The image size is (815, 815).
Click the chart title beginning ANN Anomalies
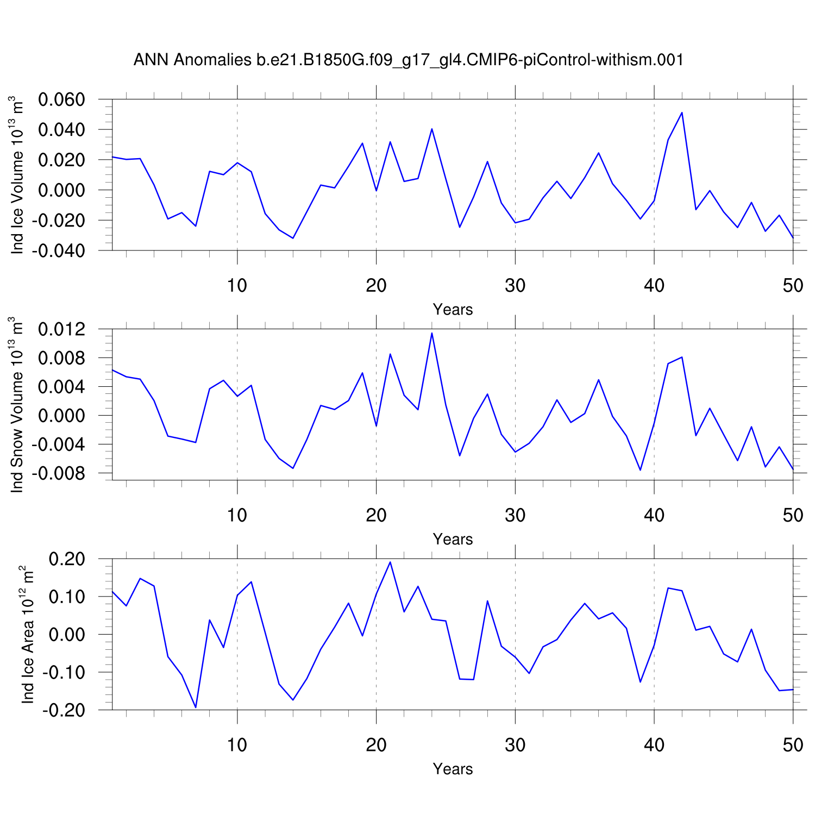coord(408,60)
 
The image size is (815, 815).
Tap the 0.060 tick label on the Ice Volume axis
coord(61,100)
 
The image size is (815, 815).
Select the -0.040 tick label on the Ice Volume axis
coord(58,251)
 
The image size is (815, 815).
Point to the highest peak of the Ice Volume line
coord(682,112)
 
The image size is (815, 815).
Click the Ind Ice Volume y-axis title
coord(18,175)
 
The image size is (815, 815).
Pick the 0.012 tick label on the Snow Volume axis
coord(61,329)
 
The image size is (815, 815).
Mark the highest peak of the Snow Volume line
coord(432,333)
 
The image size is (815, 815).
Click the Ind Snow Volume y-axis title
coord(18,405)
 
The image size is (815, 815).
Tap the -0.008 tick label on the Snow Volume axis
coord(58,474)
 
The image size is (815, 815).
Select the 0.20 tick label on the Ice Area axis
coord(67,559)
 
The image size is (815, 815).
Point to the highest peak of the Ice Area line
coord(390,562)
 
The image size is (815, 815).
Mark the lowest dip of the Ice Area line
coord(196,707)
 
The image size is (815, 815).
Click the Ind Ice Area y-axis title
coord(28,635)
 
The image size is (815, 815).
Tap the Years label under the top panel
coord(453,310)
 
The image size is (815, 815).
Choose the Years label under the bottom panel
coord(453,769)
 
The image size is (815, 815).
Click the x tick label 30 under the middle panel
coord(515,515)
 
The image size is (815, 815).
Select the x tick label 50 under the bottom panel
coord(793,745)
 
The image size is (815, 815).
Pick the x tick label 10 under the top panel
coord(237,285)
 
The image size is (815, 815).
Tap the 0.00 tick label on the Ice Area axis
coord(67,635)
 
